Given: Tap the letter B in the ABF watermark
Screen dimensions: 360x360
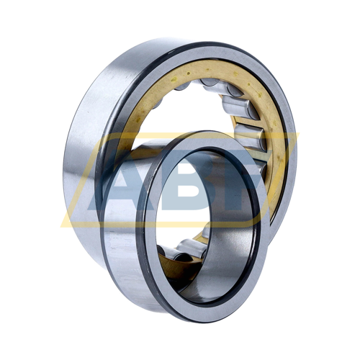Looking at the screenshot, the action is click(189, 180).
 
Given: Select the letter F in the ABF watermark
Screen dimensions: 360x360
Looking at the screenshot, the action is click(243, 180).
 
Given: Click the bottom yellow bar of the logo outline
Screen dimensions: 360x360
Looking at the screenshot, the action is click(158, 224).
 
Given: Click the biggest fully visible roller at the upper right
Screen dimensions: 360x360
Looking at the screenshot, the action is click(240, 107).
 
